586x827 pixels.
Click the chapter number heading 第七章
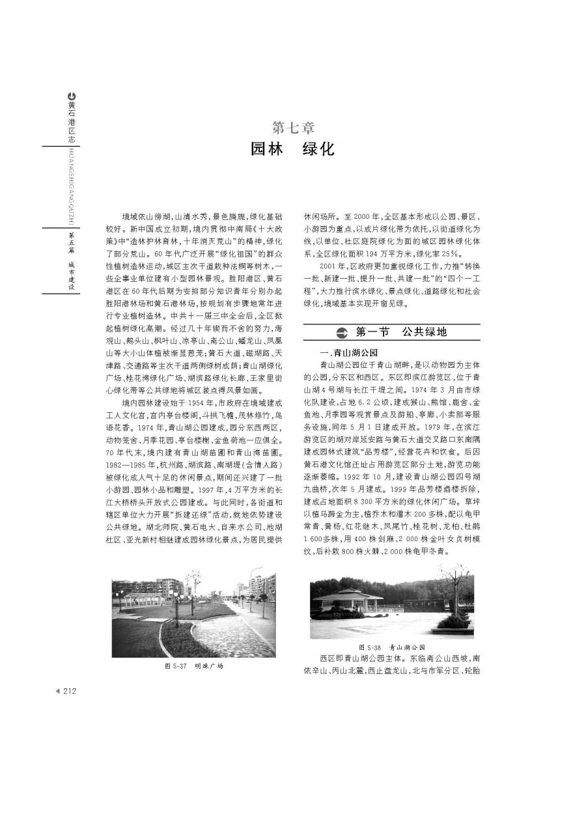pos(292,126)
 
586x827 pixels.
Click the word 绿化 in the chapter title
pos(319,150)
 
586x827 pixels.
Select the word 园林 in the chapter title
pos(267,150)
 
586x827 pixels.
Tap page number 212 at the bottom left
pos(68,691)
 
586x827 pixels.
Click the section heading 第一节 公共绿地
pos(401,332)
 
